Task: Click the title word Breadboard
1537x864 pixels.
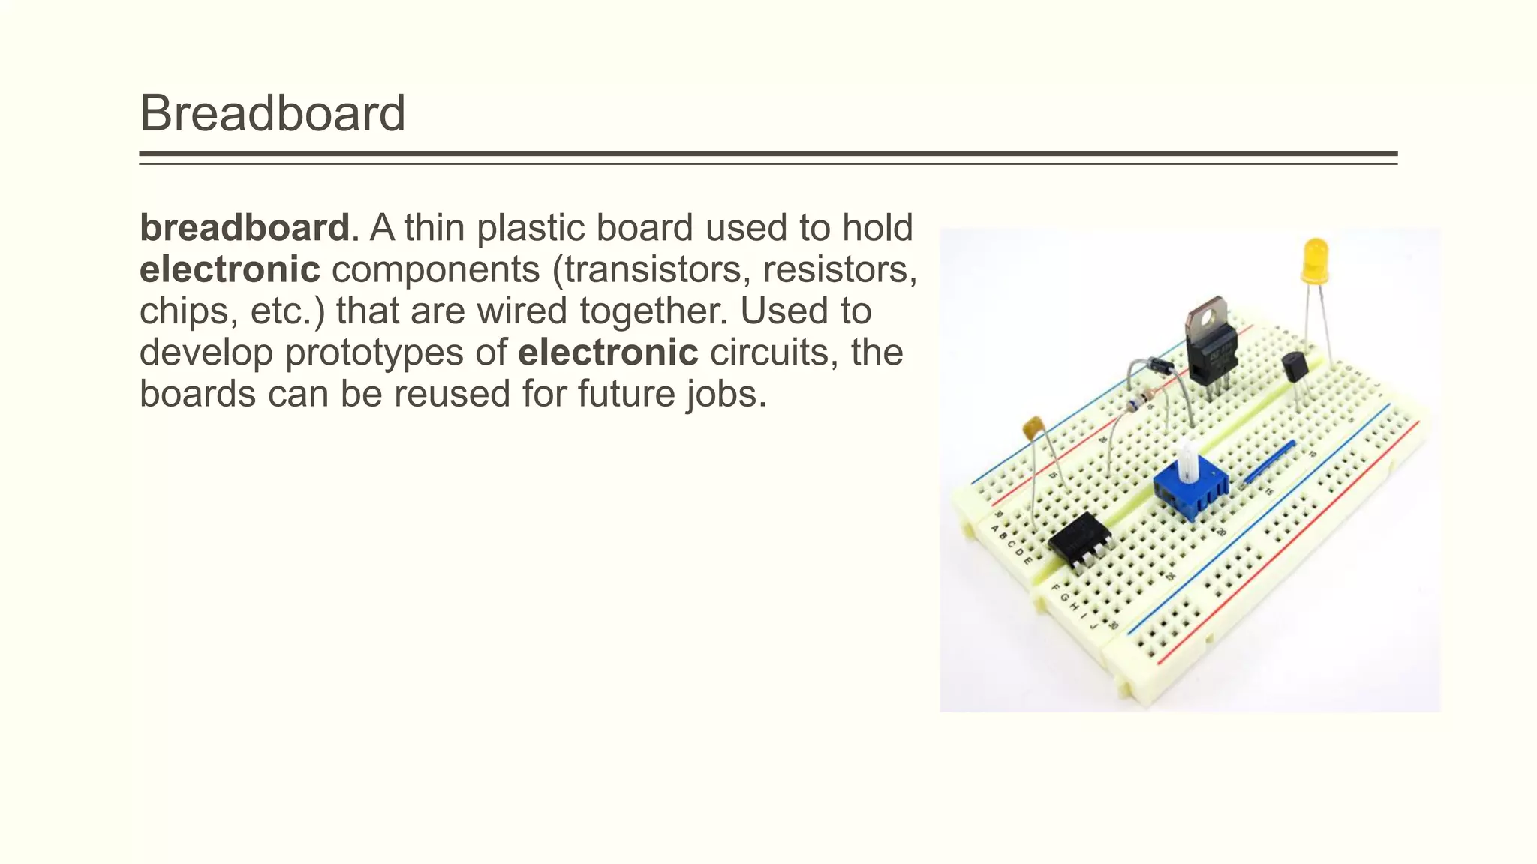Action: pyautogui.click(x=272, y=113)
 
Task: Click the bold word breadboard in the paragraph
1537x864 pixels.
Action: pyautogui.click(x=245, y=228)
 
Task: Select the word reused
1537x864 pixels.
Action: pyautogui.click(x=452, y=394)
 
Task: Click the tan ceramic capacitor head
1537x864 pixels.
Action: pyautogui.click(x=1034, y=427)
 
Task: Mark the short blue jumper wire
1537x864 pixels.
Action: pyautogui.click(x=1270, y=461)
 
